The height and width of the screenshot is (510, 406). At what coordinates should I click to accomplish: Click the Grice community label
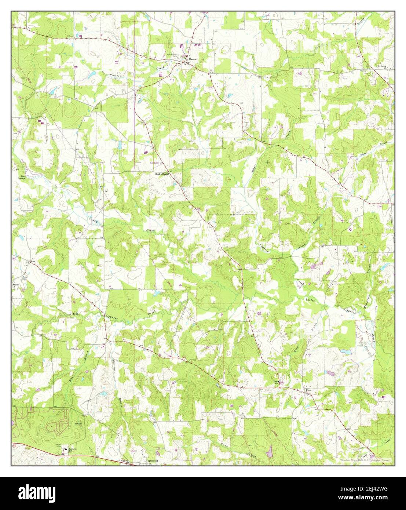32,261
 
